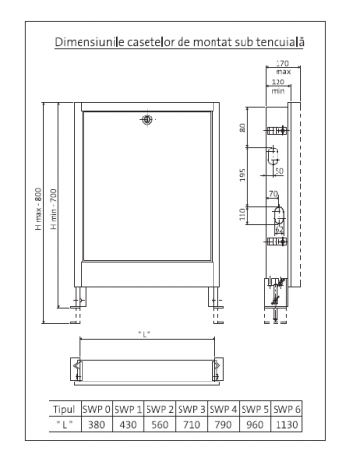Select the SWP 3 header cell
[191, 409]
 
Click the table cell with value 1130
[286, 424]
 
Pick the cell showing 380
[96, 424]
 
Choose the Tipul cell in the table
[64, 409]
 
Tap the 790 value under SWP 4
[223, 424]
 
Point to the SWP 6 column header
[286, 409]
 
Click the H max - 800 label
[39, 209]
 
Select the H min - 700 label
[53, 209]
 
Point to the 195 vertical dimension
[243, 175]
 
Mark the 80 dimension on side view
[243, 128]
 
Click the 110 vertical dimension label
[243, 215]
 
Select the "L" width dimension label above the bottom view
[145, 334]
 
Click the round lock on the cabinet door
[147, 119]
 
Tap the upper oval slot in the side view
[273, 156]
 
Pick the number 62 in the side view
[279, 230]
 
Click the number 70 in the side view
[274, 194]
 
